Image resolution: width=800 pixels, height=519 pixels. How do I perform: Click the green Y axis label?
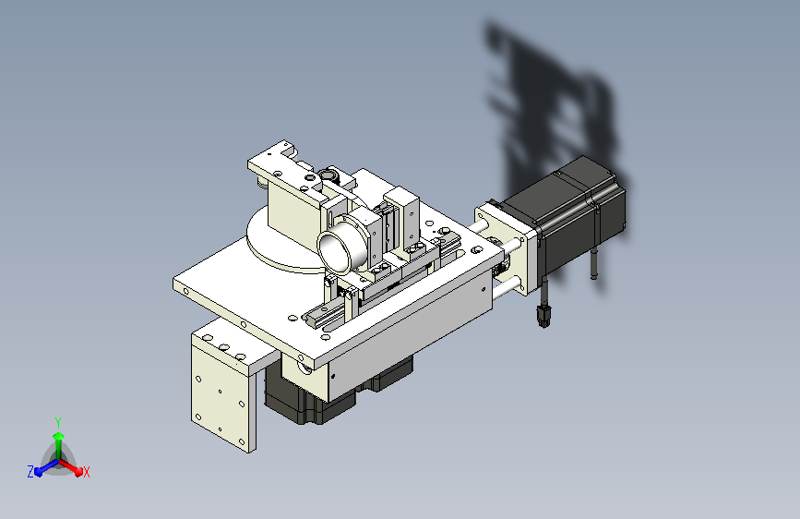(x=57, y=420)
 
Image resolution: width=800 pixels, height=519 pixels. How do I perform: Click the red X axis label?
(x=87, y=473)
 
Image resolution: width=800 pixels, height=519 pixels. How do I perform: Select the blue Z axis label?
(x=30, y=471)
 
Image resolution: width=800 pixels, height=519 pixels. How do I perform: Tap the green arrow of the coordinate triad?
(x=58, y=439)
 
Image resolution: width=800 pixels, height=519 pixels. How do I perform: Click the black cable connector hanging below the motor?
(x=544, y=316)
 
